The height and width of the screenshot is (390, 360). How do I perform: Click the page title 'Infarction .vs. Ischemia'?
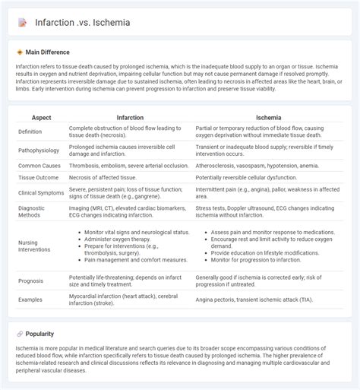point(82,22)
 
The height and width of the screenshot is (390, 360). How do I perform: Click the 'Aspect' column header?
point(40,118)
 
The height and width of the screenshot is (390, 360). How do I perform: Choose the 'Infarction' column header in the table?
point(130,118)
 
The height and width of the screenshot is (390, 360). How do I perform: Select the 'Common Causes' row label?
point(40,165)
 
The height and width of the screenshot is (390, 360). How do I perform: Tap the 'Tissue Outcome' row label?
point(39,177)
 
